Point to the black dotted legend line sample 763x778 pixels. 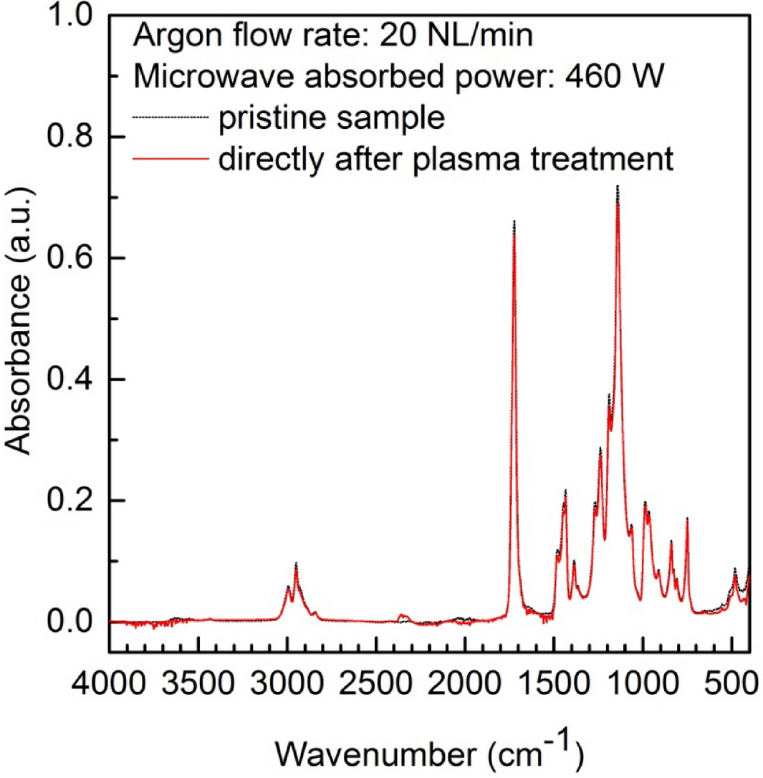(x=168, y=117)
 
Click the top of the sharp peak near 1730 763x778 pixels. (x=514, y=222)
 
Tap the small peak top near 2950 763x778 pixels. (x=296, y=564)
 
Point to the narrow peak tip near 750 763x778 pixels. (x=687, y=518)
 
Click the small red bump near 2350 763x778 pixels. (x=403, y=615)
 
